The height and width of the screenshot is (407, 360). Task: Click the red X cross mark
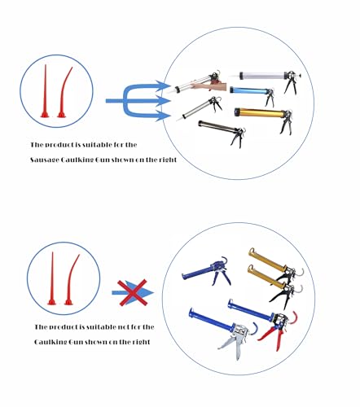[132, 293]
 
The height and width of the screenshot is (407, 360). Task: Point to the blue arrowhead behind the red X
[144, 292]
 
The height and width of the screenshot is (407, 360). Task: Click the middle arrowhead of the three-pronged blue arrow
[164, 101]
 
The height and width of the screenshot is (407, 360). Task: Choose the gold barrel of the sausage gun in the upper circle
[260, 112]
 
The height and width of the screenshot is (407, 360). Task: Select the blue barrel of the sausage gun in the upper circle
[248, 91]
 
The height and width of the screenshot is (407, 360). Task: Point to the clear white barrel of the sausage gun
[262, 76]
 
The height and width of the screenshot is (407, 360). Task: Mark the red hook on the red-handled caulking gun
[294, 317]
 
